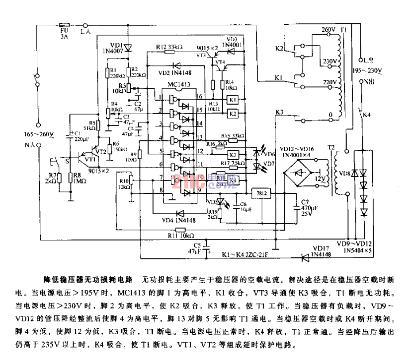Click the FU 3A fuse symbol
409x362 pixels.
tap(64, 23)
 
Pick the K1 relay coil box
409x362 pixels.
tap(232, 99)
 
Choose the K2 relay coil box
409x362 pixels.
tap(232, 113)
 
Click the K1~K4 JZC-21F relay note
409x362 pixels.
tap(241, 254)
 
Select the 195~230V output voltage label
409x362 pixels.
tap(367, 70)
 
